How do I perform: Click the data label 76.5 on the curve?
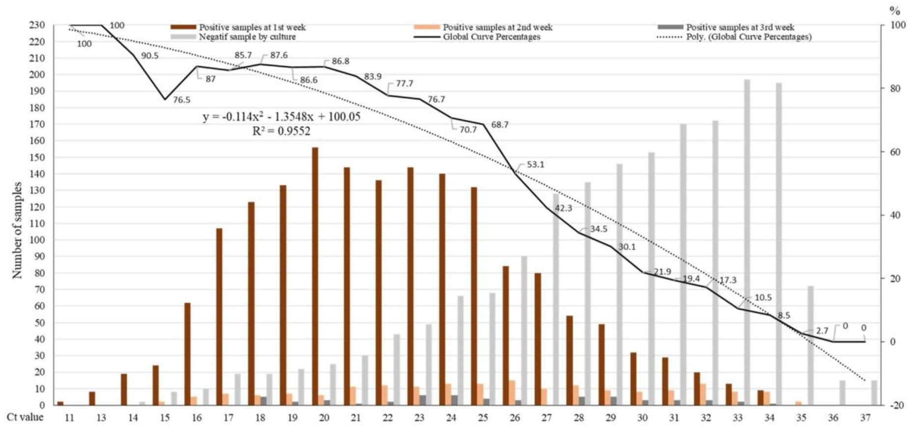181,100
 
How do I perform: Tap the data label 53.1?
536,165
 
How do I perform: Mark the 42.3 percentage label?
563,208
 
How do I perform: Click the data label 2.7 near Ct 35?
822,331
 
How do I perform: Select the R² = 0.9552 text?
281,131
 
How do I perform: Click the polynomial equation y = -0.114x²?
282,117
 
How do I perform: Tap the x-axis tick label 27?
547,418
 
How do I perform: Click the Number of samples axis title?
17,230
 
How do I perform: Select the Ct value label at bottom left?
25,417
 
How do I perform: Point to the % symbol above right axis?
895,11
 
